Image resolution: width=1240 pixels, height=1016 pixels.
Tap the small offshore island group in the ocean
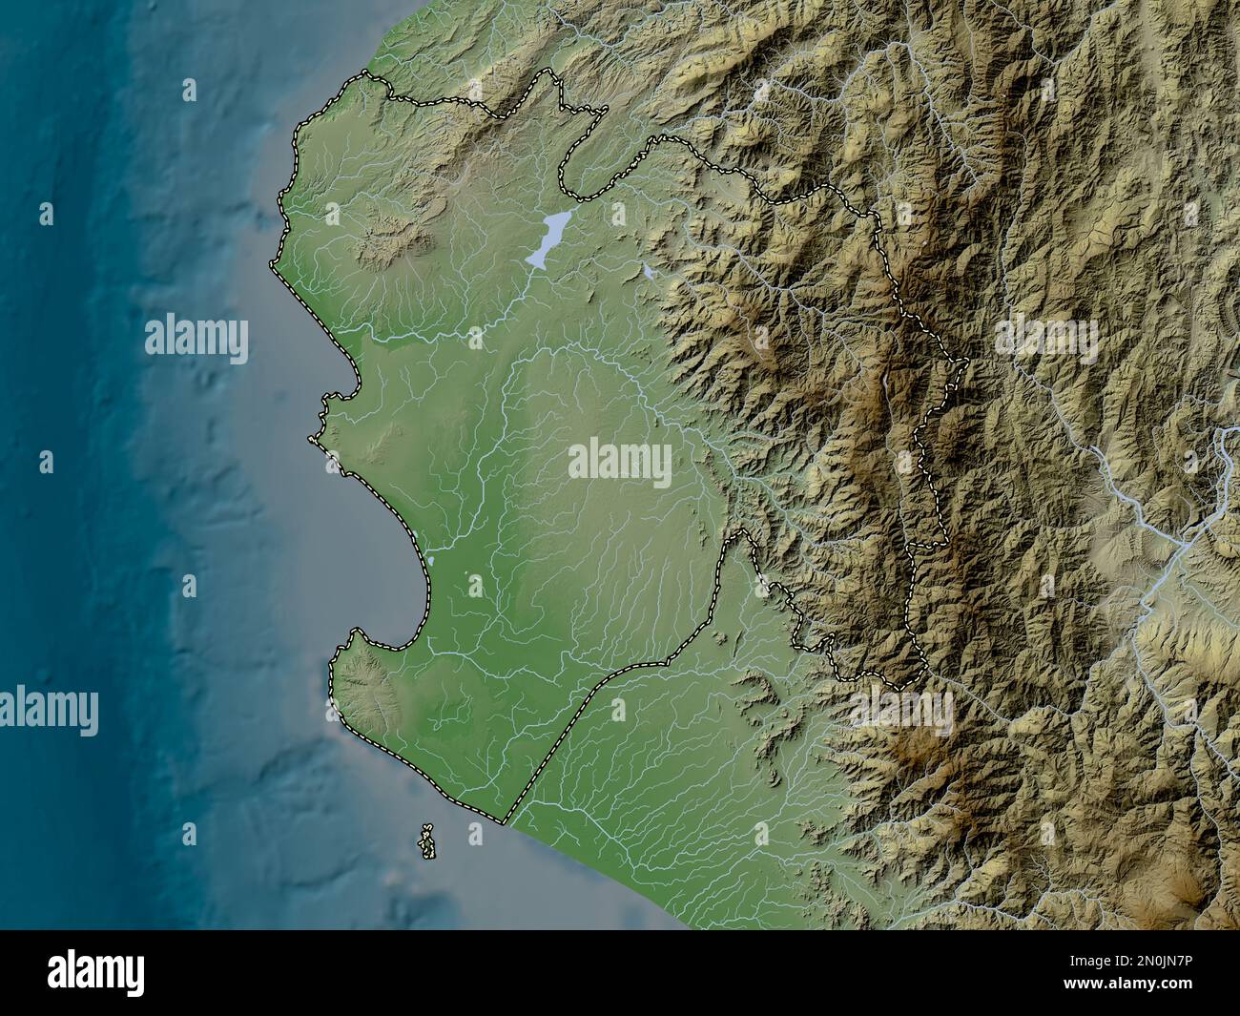click(x=425, y=840)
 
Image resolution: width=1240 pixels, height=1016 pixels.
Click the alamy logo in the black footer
click(x=98, y=972)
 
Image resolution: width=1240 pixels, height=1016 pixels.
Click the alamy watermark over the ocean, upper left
click(x=196, y=339)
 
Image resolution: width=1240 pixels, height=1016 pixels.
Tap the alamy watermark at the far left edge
click(x=48, y=711)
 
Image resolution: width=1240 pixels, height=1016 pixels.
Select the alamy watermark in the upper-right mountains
click(x=1046, y=336)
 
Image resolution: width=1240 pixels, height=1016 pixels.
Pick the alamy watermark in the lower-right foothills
click(x=901, y=709)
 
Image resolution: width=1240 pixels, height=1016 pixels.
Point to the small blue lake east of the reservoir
click(x=649, y=273)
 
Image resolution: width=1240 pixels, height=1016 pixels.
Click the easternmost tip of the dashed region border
click(x=967, y=362)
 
